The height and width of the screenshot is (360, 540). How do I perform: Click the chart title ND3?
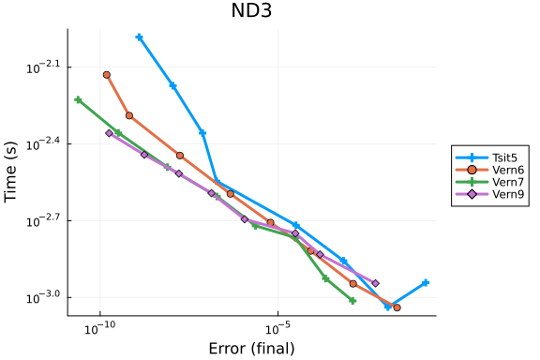pos(251,10)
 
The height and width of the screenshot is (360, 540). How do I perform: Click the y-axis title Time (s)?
pos(10,172)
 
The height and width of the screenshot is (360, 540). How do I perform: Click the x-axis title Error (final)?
pos(252,349)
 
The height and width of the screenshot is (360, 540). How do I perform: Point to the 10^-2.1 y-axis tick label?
pos(43,67)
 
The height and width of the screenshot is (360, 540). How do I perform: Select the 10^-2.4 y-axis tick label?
pos(43,143)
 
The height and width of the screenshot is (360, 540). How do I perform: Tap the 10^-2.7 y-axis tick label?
pos(43,220)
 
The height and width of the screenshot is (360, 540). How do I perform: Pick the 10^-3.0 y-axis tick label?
pos(43,297)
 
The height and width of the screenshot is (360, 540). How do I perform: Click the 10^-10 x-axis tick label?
pos(100,328)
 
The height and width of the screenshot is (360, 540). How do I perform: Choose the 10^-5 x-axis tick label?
pos(277,328)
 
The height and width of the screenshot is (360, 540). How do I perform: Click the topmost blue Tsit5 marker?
pos(139,37)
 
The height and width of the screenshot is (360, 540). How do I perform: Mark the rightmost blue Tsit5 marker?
pos(426,283)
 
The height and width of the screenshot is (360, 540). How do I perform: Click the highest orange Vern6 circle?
pos(107,75)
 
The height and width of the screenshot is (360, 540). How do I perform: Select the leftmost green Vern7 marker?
pos(78,100)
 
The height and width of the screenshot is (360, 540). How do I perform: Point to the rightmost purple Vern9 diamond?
pos(376,283)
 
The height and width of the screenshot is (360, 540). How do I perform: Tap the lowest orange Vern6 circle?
pos(397,307)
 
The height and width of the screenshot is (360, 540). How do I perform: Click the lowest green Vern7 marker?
pos(352,301)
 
